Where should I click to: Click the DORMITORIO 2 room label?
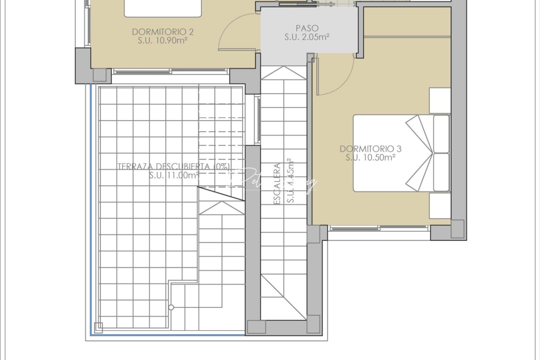(x=163, y=32)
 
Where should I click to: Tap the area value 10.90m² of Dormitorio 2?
(x=163, y=41)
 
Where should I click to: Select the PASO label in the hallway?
(x=307, y=28)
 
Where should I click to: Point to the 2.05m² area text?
(x=307, y=37)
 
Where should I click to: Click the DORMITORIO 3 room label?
(x=370, y=149)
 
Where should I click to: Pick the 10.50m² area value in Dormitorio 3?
(x=370, y=157)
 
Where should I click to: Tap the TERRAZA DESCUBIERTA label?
(x=173, y=166)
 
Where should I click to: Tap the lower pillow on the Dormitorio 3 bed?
(x=442, y=172)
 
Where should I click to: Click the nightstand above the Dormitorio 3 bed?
(x=440, y=100)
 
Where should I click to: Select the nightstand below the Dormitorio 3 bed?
(x=440, y=206)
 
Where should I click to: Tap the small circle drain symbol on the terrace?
(x=171, y=307)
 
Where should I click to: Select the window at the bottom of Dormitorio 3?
(x=379, y=228)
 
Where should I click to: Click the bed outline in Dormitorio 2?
(x=163, y=8)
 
